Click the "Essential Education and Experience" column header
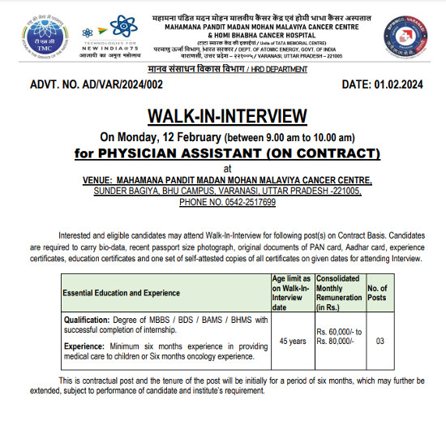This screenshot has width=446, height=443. pos(122,291)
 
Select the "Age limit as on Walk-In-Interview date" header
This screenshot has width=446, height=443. pos(290,291)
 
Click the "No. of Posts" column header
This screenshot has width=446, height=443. pos(378,291)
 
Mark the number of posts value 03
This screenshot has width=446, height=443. pos(379,341)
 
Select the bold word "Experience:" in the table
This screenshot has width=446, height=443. pos(87,346)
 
